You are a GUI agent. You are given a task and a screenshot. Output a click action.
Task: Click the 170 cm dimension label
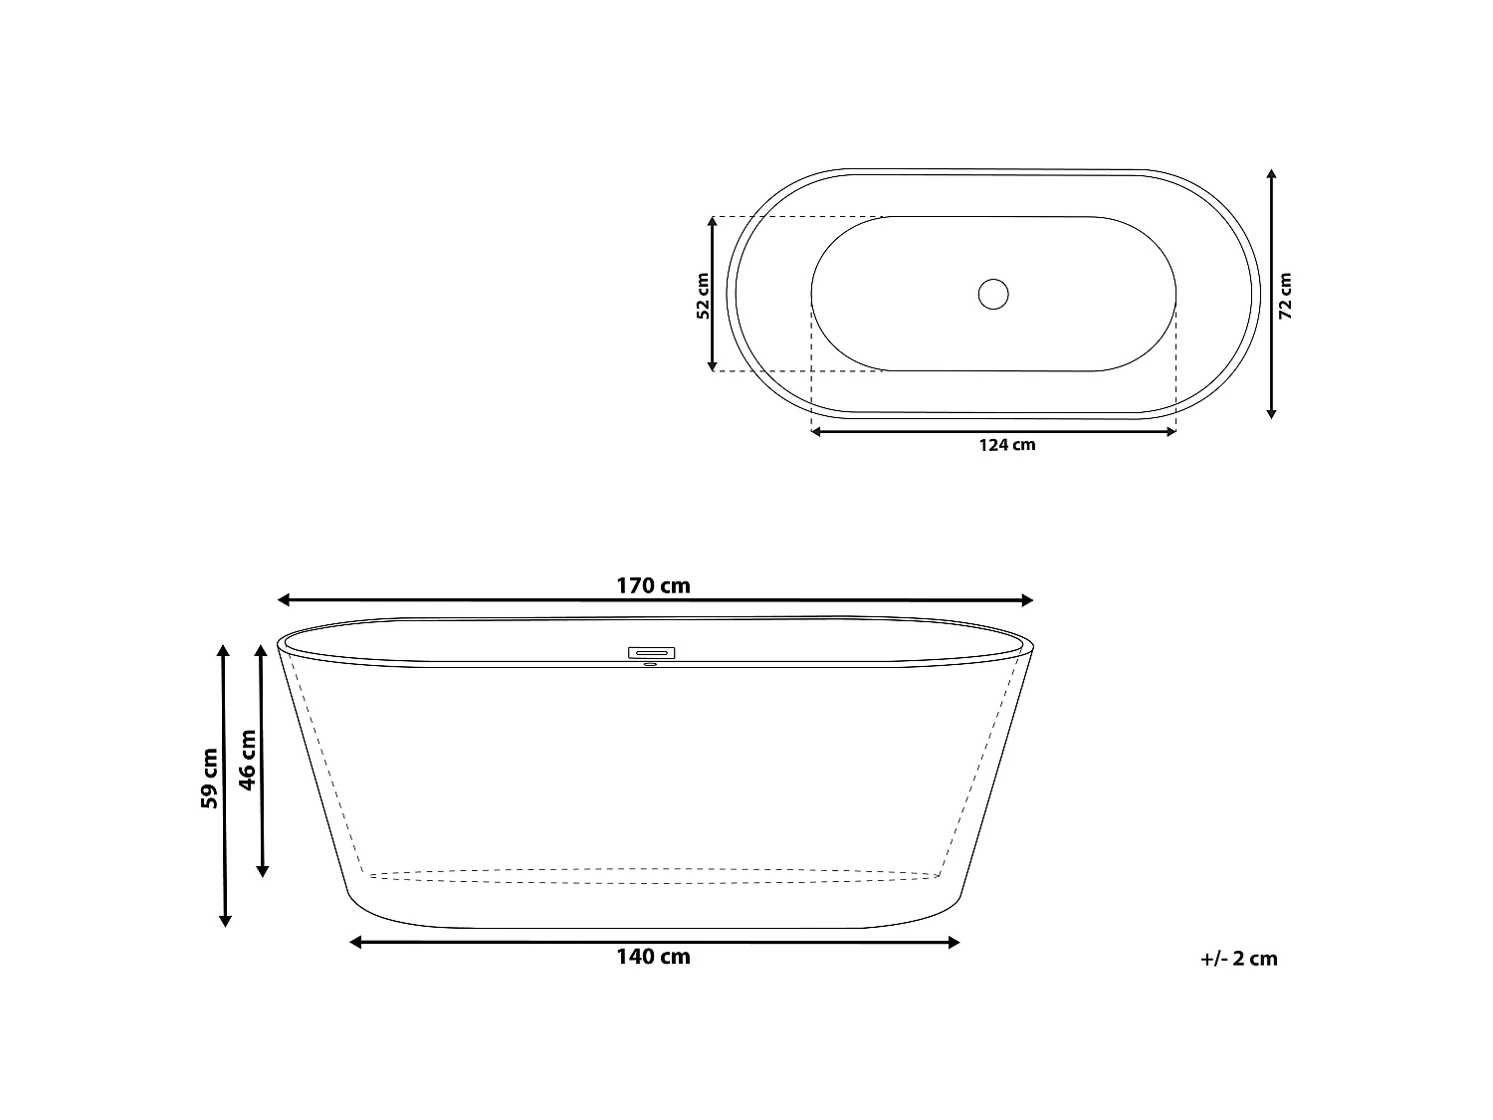(653, 585)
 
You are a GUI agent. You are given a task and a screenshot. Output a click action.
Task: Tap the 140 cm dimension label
(653, 957)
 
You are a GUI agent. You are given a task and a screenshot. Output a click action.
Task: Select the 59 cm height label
(209, 778)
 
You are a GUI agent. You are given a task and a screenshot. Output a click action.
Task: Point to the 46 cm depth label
(248, 760)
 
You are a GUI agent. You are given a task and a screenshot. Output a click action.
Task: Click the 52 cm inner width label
(703, 296)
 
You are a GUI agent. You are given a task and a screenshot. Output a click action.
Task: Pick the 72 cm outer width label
(1285, 296)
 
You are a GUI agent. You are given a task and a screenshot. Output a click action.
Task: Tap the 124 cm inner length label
(1007, 445)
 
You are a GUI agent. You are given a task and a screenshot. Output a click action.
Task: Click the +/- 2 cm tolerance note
(1238, 959)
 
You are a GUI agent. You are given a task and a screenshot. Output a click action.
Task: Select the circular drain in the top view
(993, 294)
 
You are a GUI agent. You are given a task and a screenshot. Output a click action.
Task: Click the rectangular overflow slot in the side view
(651, 653)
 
